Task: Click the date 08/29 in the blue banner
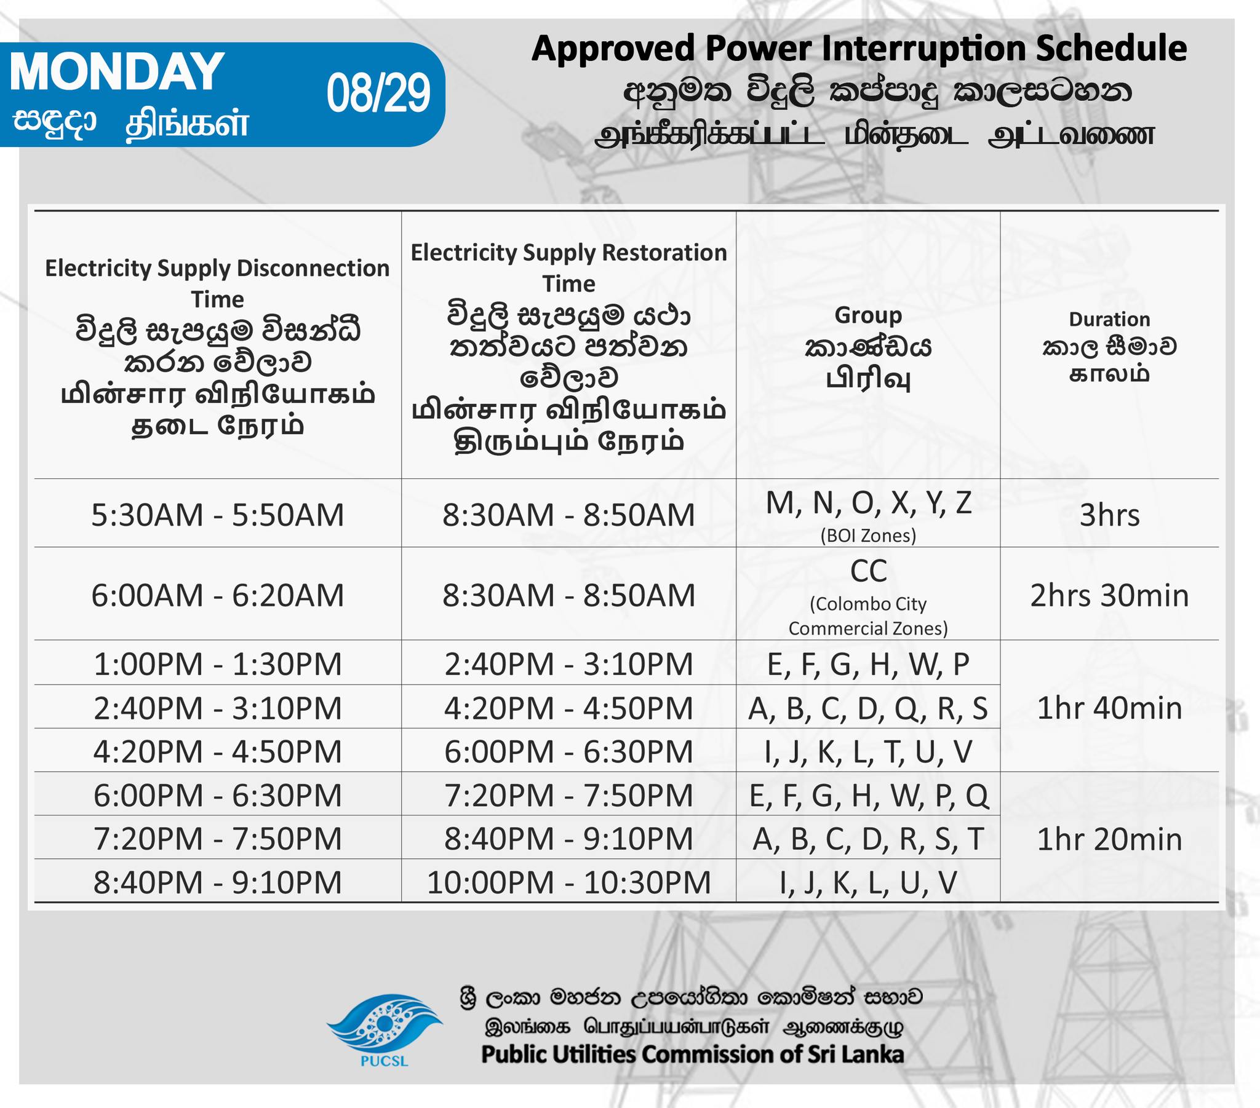[x=378, y=93]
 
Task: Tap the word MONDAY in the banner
[x=117, y=71]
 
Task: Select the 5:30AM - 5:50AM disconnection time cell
[x=218, y=515]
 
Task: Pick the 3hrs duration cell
[x=1110, y=515]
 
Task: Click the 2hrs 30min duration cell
[x=1110, y=595]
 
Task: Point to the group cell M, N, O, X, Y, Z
[x=869, y=503]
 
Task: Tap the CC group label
[x=869, y=571]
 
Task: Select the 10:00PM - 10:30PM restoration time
[x=568, y=882]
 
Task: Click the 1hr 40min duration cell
[x=1110, y=708]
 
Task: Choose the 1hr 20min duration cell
[x=1110, y=839]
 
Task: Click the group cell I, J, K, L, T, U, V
[x=869, y=752]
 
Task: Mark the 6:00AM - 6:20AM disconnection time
[x=218, y=595]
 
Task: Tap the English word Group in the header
[x=868, y=315]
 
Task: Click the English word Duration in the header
[x=1110, y=319]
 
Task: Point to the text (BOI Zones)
[x=869, y=536]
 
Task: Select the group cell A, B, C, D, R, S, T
[x=869, y=839]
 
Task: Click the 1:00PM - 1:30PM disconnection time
[x=218, y=663]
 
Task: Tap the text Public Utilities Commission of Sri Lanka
[x=693, y=1054]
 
